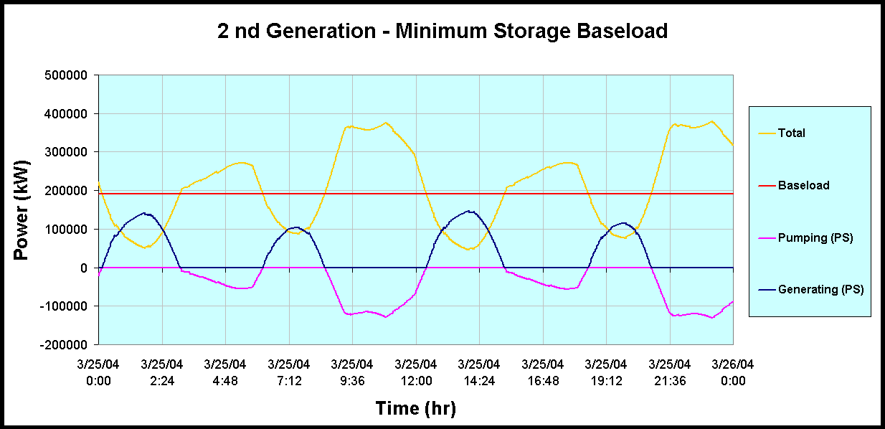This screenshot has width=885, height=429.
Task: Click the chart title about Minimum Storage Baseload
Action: click(x=442, y=32)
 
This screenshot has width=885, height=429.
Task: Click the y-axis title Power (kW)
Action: click(x=22, y=209)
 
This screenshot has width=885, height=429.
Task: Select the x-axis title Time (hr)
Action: click(x=415, y=408)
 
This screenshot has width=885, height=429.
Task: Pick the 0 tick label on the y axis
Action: click(x=84, y=268)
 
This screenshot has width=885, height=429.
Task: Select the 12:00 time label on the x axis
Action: click(x=415, y=373)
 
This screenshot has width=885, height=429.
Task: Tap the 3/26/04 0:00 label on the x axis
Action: click(x=733, y=373)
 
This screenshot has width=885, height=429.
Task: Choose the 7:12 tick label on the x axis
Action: click(x=289, y=373)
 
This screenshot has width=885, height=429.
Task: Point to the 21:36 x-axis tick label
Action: click(x=670, y=373)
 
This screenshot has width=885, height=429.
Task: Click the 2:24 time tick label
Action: click(x=162, y=373)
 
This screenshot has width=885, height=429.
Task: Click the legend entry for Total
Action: click(x=792, y=133)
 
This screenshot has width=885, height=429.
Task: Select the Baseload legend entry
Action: click(x=803, y=185)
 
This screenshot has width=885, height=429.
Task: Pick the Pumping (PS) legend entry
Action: click(x=815, y=237)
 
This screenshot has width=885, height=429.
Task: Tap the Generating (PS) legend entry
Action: click(x=820, y=290)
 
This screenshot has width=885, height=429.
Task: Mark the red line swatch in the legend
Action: click(x=766, y=186)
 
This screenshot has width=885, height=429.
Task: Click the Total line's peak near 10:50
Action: click(x=386, y=123)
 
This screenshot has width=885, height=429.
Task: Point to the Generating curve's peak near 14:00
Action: click(x=469, y=211)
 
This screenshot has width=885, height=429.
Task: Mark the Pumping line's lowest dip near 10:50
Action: click(x=385, y=317)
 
